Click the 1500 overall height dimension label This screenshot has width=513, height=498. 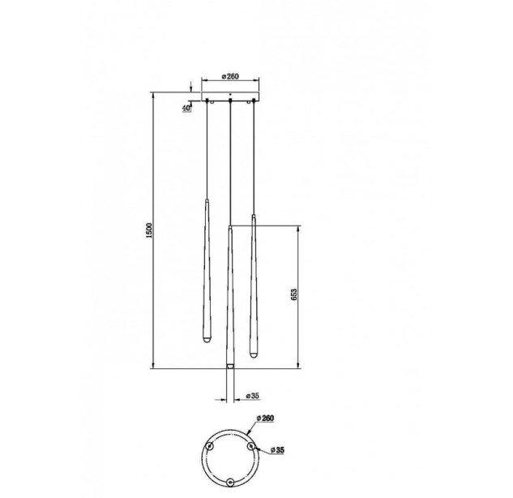[x=149, y=230]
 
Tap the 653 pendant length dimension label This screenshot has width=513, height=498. [x=294, y=295]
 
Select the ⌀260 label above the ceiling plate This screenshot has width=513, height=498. [x=230, y=76]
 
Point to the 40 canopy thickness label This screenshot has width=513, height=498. [x=186, y=109]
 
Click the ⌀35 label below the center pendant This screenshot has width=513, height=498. [x=252, y=396]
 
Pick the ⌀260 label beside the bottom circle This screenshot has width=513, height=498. [x=265, y=419]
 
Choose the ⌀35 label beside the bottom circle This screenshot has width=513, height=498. [x=277, y=450]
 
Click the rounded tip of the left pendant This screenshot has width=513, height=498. [x=207, y=341]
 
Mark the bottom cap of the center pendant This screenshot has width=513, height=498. [x=230, y=366]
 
